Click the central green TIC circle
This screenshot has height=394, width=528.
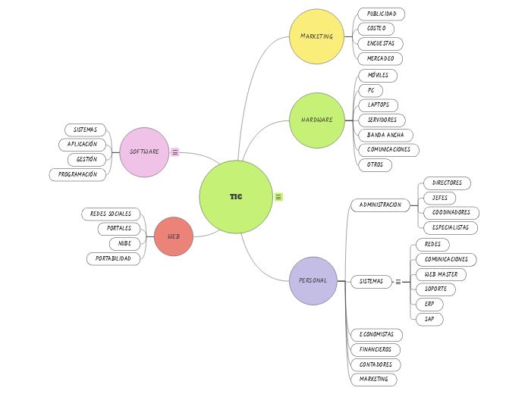tap(236, 197)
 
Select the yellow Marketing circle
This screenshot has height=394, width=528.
tap(316, 36)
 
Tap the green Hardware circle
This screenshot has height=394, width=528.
tap(317, 120)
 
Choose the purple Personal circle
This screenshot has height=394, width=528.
tap(313, 280)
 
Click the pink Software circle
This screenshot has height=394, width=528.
tap(144, 152)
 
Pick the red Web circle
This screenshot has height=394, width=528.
tap(174, 236)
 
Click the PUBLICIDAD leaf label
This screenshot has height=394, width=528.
tap(382, 14)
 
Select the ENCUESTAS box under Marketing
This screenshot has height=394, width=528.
tap(380, 44)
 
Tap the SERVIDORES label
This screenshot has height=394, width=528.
tap(382, 120)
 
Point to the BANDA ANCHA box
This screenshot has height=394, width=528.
tap(385, 135)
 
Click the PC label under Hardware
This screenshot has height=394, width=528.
tap(371, 90)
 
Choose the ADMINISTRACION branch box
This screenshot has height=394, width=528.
tap(380, 205)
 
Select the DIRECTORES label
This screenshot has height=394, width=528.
tap(447, 183)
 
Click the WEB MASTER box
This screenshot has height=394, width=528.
tap(441, 274)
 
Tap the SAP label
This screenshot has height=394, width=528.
tap(429, 319)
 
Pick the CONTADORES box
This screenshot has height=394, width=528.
tap(376, 364)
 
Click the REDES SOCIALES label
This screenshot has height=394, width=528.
tap(111, 214)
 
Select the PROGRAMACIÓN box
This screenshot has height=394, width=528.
tap(77, 174)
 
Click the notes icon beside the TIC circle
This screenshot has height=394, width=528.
tap(278, 197)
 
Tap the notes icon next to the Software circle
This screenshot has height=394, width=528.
tap(175, 152)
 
